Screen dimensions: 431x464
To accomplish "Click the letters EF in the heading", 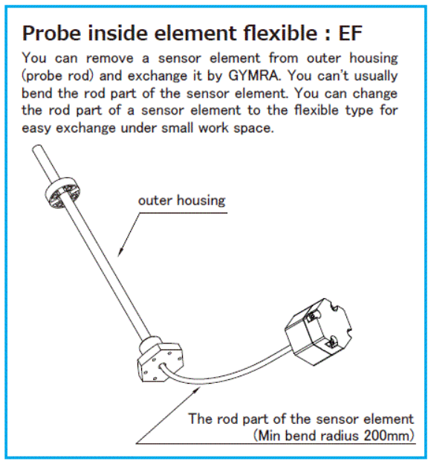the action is pos(350,33).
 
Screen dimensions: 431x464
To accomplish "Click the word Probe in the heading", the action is pos(51,33).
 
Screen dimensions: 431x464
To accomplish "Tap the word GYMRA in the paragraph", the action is pos(253,76).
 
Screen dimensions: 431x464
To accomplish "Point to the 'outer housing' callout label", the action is pos(181,200).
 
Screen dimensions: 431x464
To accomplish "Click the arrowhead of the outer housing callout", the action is pos(120,252).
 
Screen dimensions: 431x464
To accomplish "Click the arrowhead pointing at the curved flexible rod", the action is pos(196,390).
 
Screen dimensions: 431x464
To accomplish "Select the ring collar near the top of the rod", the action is pos(62,193).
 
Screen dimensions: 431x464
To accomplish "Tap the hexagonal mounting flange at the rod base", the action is pos(160,361).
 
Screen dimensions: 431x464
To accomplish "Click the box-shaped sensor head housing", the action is pos(318,332).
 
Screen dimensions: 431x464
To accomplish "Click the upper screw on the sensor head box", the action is pos(311,318).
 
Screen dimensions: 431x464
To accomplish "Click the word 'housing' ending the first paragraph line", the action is pos(373,59).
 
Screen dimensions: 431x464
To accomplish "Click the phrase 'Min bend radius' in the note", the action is pos(308,436).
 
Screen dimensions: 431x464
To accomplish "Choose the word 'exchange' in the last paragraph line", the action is pos(85,128).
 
